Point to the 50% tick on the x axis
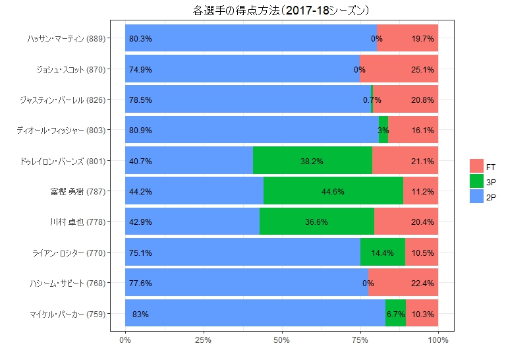coord(281,340)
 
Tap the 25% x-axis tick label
coord(203,340)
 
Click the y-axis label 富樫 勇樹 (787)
coord(77,192)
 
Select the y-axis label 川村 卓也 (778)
coord(77,222)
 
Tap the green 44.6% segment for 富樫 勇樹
coord(333,191)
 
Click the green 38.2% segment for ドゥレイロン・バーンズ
coord(312,161)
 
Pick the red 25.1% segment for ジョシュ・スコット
coord(399,69)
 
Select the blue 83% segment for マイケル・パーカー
coord(254,314)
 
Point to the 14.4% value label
coord(382,253)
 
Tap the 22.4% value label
coord(422,284)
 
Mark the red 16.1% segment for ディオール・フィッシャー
coord(413,131)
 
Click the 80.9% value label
coord(140,131)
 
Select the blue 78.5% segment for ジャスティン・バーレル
coord(248,100)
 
